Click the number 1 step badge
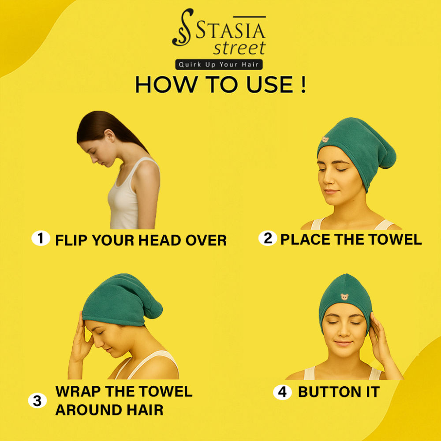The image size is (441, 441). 41,238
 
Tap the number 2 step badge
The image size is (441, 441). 268,238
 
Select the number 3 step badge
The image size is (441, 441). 37,400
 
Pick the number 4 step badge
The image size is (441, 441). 282,392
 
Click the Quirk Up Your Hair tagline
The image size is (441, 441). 219,64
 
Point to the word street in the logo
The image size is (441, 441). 239,48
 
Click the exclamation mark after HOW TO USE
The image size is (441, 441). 303,84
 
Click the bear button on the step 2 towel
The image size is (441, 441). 325,139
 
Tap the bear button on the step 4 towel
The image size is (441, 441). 344,297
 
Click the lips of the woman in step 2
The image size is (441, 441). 331,191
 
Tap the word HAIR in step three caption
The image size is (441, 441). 145,410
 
